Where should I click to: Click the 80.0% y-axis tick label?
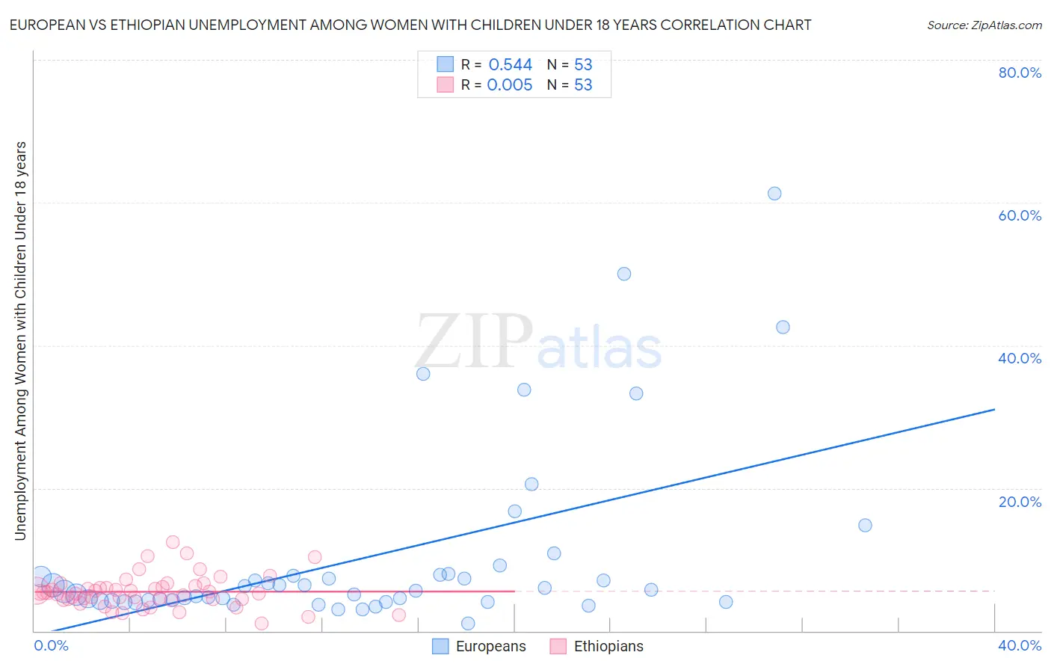point(1020,73)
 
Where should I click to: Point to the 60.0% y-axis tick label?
point(1020,215)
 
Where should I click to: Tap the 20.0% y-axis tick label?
point(1020,502)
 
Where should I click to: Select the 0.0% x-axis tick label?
point(51,645)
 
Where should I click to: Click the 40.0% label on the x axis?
point(1020,645)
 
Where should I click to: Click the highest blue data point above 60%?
point(774,194)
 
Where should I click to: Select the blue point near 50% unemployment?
point(624,274)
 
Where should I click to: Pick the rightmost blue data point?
point(865,525)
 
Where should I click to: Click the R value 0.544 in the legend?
point(510,65)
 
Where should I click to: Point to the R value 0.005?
point(510,85)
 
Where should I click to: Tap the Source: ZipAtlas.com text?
point(984,25)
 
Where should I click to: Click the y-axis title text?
point(20,340)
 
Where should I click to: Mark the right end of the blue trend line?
point(994,409)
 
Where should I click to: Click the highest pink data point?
point(173,542)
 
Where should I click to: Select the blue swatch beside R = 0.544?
point(445,64)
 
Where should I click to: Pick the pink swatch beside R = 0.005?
point(445,84)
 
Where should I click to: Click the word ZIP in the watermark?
point(474,341)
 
